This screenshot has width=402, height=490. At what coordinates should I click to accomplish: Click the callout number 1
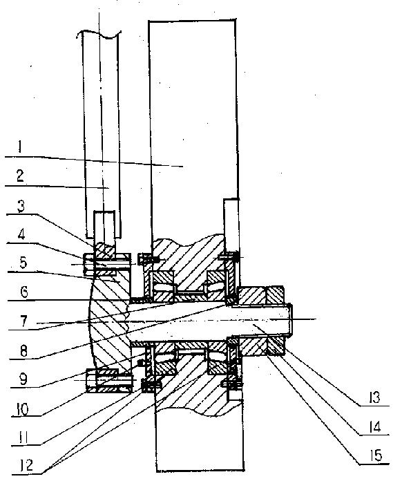click(19, 147)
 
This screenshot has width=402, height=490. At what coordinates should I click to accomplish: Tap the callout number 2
click(20, 176)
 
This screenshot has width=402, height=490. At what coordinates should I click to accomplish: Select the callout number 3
click(21, 206)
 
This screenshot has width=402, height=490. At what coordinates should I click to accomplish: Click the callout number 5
click(23, 263)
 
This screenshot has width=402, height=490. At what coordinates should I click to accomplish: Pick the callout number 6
click(24, 292)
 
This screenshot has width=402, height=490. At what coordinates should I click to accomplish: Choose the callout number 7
click(24, 321)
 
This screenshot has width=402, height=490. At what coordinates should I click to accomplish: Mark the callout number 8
click(24, 350)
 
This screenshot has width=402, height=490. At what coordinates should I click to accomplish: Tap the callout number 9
click(23, 379)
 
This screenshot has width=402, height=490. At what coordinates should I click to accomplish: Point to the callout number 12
click(26, 466)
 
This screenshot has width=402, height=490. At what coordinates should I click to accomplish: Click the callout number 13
click(374, 397)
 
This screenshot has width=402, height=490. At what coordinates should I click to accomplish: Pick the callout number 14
click(374, 426)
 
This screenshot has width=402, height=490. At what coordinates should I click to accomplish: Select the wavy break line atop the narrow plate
click(98, 35)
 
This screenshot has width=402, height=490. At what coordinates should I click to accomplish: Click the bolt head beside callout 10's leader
click(92, 380)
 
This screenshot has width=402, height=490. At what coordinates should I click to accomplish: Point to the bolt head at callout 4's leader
click(88, 265)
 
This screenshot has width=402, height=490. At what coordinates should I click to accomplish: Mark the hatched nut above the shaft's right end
click(275, 295)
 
